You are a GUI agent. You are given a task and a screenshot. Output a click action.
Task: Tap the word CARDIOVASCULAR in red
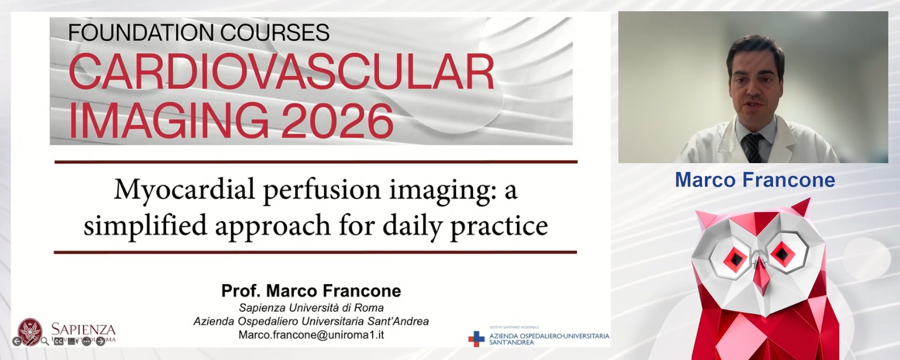281,73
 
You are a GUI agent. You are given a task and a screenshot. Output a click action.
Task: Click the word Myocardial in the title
185,190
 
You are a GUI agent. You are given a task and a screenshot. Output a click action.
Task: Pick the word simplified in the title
145,226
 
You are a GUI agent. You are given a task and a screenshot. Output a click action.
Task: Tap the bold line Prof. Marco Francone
311,291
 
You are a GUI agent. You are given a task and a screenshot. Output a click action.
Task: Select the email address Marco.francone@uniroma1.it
311,335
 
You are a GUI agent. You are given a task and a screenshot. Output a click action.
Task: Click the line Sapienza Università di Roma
311,307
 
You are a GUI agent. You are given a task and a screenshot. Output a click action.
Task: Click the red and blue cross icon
476,338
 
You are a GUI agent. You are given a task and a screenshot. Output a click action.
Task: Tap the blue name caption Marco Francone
755,180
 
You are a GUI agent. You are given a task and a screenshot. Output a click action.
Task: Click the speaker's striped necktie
753,147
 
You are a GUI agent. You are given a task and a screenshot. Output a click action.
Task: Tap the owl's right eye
782,254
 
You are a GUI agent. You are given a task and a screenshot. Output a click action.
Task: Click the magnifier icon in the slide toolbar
45,341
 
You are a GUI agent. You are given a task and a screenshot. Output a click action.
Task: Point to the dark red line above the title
315,162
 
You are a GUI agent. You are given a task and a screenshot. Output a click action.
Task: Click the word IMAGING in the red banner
169,121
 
